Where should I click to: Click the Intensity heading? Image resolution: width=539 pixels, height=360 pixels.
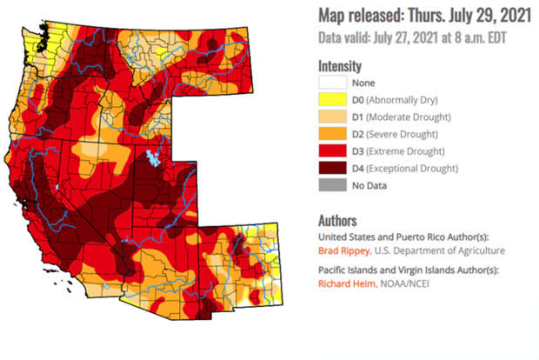pos(340,65)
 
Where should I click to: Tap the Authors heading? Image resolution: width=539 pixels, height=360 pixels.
pos(338,221)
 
